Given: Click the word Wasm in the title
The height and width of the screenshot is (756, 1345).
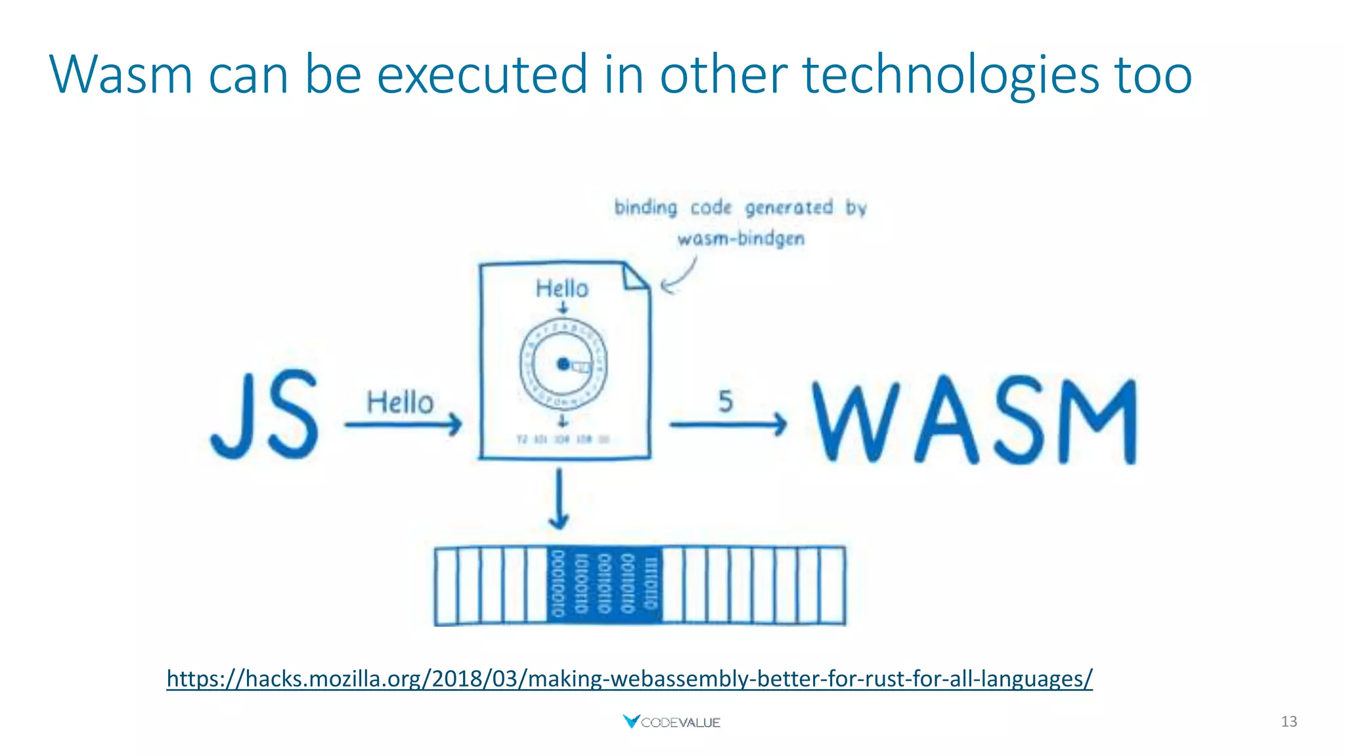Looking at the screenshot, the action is click(121, 74).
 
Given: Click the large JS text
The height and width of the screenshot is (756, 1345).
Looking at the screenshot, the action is click(265, 415).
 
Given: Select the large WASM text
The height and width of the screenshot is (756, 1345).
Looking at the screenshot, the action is click(975, 421).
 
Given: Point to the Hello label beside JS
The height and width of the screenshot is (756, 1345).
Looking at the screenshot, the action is click(400, 402).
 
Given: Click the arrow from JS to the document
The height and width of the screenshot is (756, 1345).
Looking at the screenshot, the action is click(403, 425).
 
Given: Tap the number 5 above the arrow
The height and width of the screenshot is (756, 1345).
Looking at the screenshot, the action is click(725, 401).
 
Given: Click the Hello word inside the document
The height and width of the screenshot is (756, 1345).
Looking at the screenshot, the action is click(562, 288).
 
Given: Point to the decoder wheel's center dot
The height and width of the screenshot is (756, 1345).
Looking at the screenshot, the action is click(563, 364).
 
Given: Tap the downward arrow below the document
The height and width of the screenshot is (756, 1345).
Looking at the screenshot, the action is click(559, 499).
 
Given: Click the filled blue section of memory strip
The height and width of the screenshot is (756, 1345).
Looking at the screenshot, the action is click(604, 584).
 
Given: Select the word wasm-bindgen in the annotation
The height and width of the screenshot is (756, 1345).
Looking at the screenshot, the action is click(741, 238).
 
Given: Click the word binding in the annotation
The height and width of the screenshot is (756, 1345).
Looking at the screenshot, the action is click(646, 207).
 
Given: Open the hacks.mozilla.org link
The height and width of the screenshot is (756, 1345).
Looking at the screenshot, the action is click(629, 678).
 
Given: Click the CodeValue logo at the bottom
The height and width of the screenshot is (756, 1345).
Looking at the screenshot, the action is click(671, 722).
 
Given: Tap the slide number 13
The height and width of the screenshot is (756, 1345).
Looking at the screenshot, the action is click(1289, 722).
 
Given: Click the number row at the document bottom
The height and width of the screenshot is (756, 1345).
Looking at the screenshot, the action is click(563, 439).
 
